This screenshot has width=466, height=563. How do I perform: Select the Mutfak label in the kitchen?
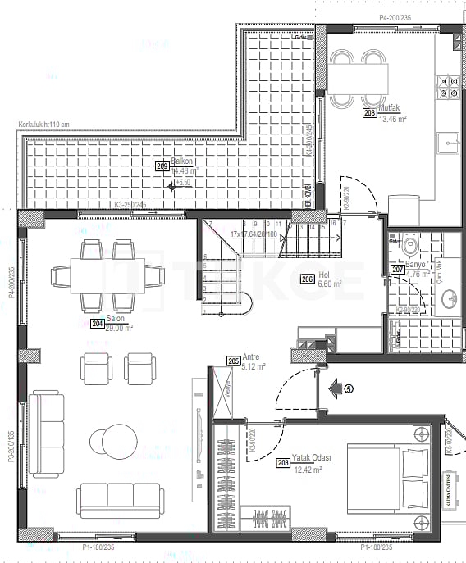click(x=388, y=108)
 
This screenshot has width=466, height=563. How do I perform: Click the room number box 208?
click(x=370, y=113)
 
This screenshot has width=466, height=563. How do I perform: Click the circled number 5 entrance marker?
click(x=349, y=390)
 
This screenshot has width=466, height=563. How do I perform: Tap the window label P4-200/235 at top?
click(x=395, y=17)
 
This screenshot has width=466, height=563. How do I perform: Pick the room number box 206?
click(x=308, y=278)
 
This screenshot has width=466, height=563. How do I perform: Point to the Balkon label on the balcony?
click(x=181, y=161)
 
